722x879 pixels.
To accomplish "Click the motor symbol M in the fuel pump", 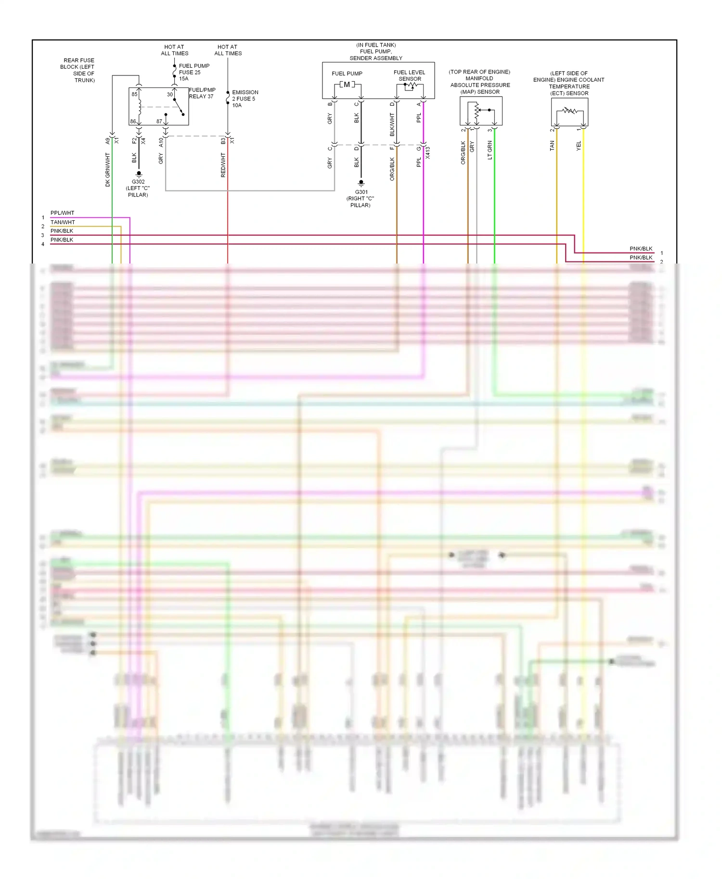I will (347, 85).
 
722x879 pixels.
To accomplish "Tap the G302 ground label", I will (138, 182).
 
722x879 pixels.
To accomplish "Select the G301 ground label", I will (361, 192).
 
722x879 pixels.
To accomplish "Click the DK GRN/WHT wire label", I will (107, 170).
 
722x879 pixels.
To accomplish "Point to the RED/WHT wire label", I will (223, 165).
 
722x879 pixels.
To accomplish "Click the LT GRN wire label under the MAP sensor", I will (490, 150).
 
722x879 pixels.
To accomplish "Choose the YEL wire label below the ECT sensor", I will (579, 146).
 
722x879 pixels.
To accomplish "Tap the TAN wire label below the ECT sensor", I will (552, 146).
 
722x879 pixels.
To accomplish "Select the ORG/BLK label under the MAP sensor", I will (463, 152).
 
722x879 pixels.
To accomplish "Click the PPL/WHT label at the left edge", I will (63, 213).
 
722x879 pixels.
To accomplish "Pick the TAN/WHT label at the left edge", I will (63, 222).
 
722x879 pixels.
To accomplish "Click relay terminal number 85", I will (134, 94).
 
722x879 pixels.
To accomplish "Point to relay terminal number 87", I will (159, 121).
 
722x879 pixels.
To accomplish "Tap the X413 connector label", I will (428, 153).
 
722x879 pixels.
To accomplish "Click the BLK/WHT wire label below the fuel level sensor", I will (392, 124).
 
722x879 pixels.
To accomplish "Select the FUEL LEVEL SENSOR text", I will (410, 75).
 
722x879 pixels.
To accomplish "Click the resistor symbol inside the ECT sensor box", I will (569, 111).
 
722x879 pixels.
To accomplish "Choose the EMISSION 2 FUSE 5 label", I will (245, 99).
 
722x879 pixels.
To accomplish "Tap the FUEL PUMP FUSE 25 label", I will (194, 72).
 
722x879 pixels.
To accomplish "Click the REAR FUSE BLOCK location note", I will (77, 70).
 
